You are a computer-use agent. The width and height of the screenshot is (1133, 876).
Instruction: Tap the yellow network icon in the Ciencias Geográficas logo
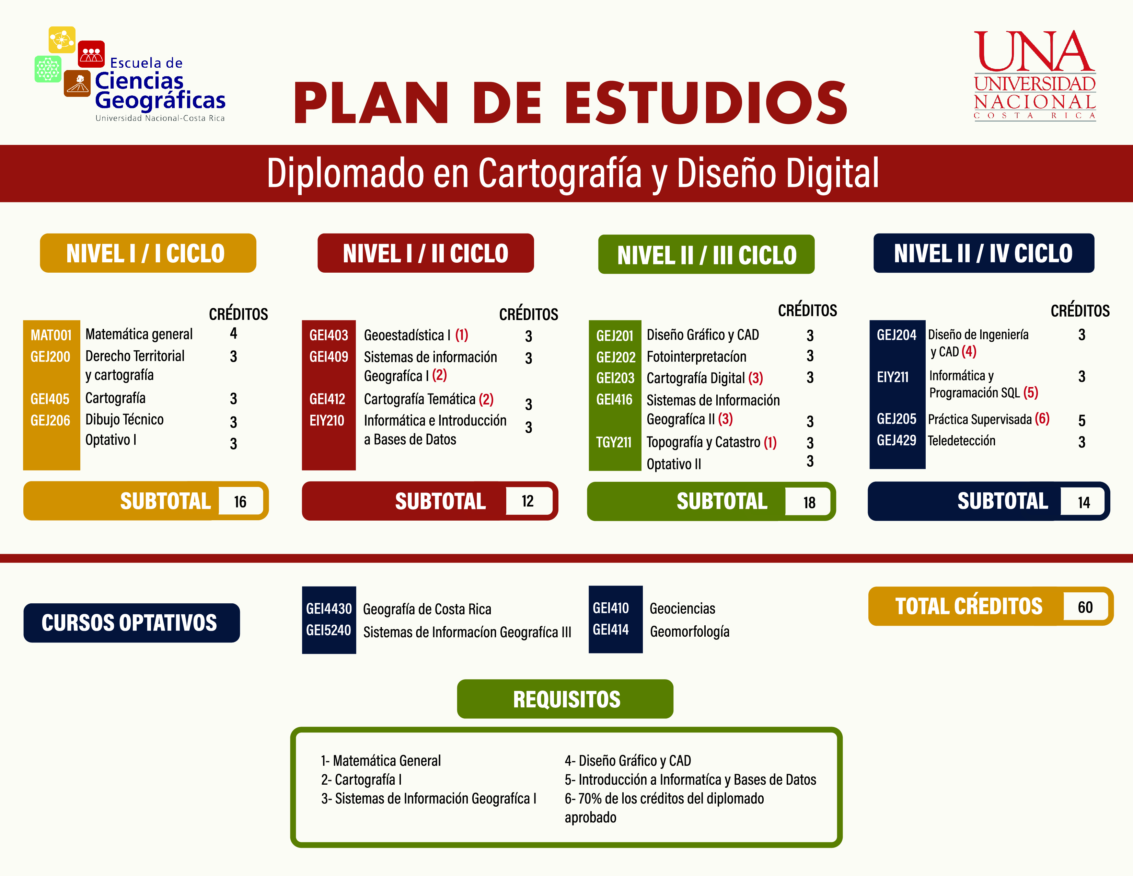click(x=62, y=39)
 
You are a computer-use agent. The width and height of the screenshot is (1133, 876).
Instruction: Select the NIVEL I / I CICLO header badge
click(x=148, y=253)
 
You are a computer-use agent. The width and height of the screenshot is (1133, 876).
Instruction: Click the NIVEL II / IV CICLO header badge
click(x=984, y=253)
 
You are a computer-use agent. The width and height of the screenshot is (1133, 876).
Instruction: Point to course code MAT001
click(x=51, y=335)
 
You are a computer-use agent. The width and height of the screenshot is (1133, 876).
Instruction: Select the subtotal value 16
click(x=240, y=501)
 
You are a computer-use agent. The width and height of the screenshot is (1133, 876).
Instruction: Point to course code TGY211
click(x=614, y=442)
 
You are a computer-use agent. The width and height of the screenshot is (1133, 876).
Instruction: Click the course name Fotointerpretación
click(x=696, y=356)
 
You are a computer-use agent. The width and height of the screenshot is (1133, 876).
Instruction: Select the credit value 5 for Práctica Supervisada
click(x=1082, y=420)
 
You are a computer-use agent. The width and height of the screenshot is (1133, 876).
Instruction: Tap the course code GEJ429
click(x=897, y=441)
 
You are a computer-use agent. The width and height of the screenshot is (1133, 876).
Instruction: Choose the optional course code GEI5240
click(x=328, y=630)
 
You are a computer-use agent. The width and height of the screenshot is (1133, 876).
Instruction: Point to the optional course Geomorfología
click(x=690, y=632)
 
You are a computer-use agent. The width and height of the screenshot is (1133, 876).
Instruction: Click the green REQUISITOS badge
click(x=565, y=699)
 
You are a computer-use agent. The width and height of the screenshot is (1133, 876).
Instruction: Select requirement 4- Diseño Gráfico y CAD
click(x=628, y=761)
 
